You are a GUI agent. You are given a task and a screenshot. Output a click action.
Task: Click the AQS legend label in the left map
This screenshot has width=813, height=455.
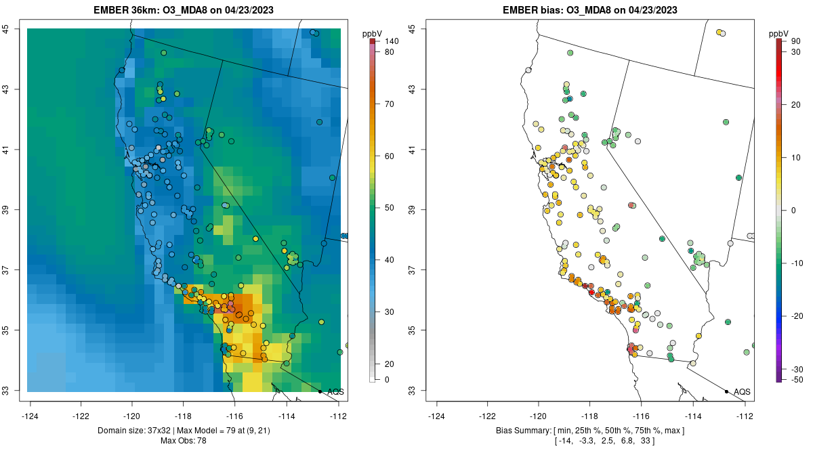coord(335,391)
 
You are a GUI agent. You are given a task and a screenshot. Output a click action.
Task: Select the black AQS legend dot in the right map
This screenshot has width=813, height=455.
coord(726,391)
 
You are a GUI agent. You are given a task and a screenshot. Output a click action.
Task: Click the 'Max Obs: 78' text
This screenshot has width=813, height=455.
coord(184,441)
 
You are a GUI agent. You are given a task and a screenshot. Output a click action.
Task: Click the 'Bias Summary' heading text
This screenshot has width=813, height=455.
coord(521,431)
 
